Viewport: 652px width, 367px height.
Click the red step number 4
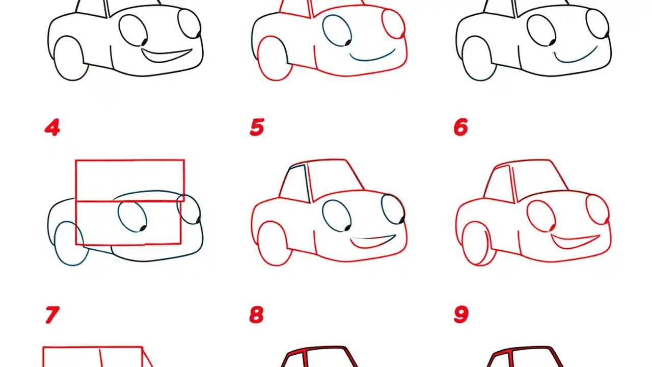[x=52, y=127]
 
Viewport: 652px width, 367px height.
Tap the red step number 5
[x=257, y=127]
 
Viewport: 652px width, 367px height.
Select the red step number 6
[x=460, y=127]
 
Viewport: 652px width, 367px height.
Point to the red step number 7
[x=51, y=315]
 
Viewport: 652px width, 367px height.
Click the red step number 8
[x=256, y=315]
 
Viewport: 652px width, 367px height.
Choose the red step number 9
[x=460, y=315]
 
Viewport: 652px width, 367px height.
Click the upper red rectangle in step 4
[x=130, y=180]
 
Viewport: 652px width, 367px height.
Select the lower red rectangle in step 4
[x=128, y=223]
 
